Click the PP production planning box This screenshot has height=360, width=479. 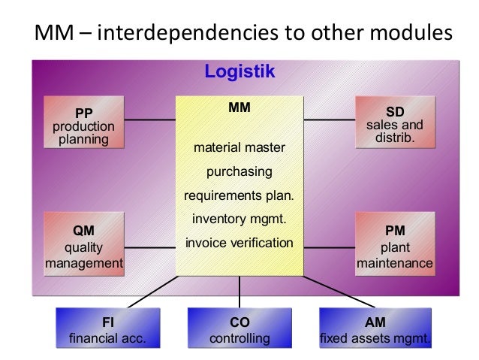click(x=83, y=122)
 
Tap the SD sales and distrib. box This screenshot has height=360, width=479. click(x=394, y=122)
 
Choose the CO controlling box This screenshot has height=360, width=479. click(x=239, y=330)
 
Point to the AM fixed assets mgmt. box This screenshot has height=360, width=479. click(x=375, y=330)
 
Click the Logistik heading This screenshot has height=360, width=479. click(x=240, y=72)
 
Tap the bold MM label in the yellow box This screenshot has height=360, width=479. click(x=239, y=108)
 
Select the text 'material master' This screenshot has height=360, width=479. click(x=239, y=147)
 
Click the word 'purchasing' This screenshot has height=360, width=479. click(x=239, y=172)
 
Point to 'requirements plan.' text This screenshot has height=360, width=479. click(x=239, y=197)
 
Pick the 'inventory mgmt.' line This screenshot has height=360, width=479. click(x=239, y=220)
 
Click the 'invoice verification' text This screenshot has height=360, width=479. click(x=239, y=244)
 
